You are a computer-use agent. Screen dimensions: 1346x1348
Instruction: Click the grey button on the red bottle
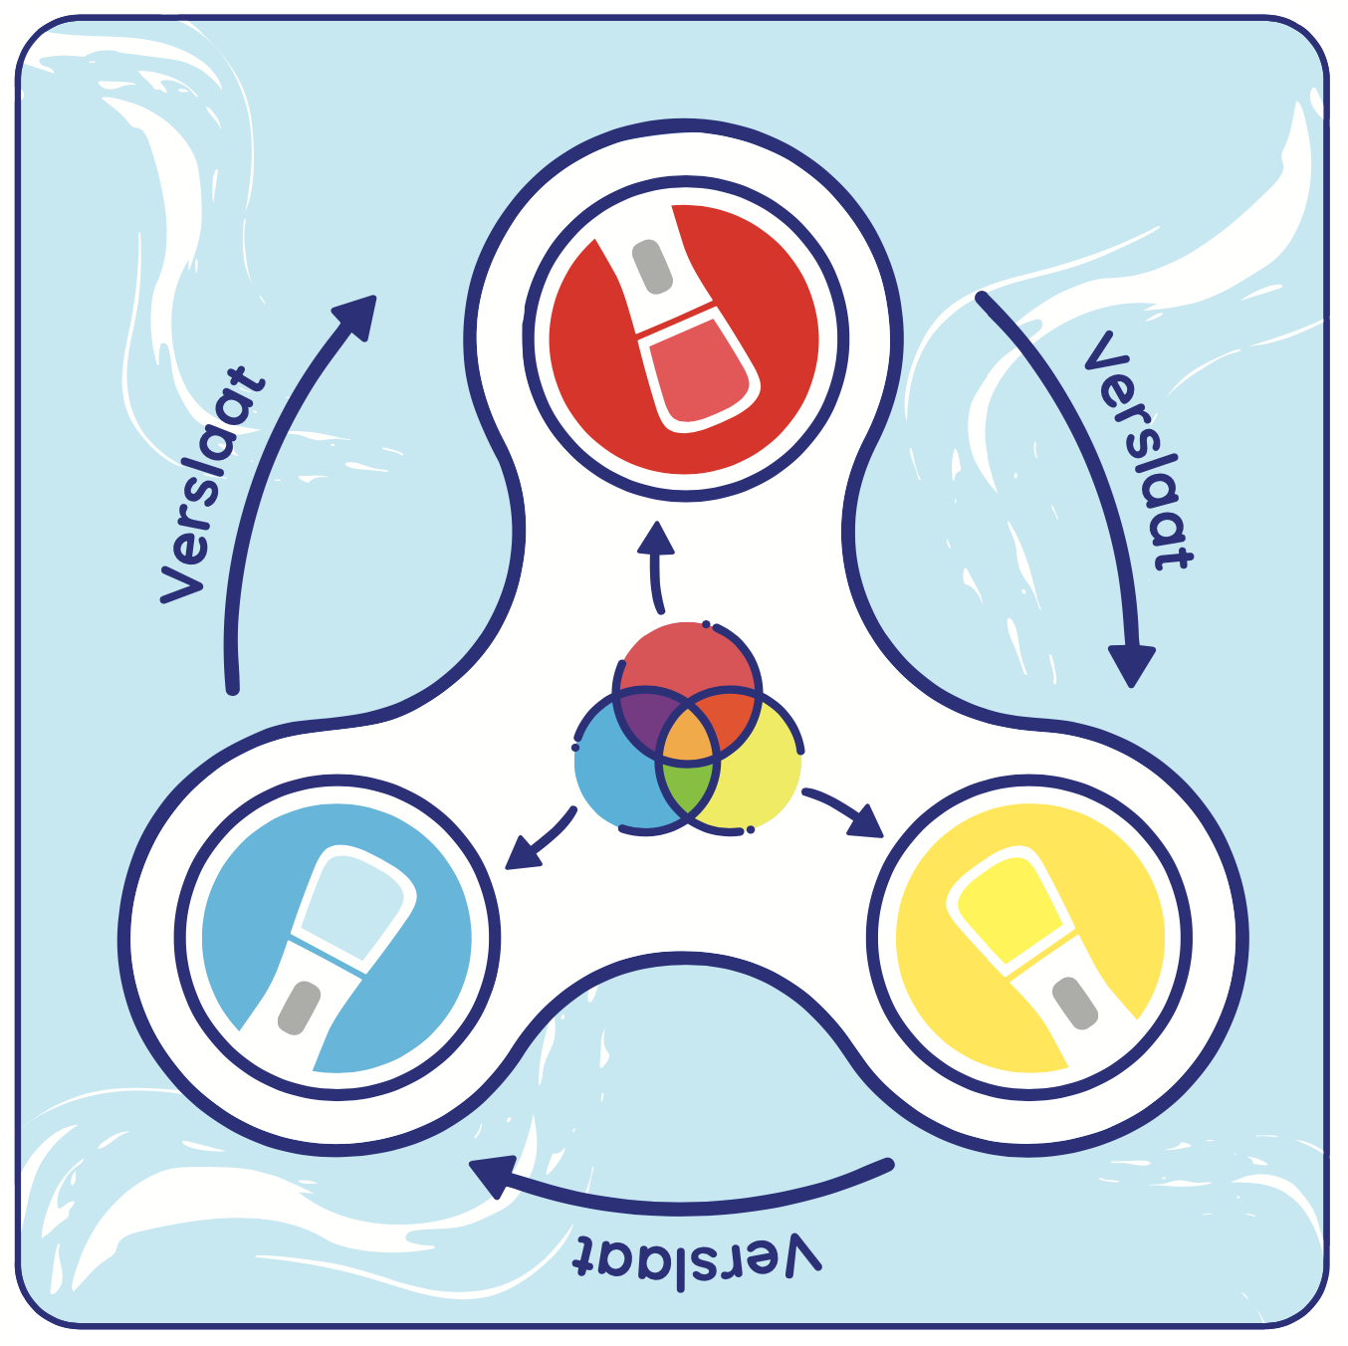652,267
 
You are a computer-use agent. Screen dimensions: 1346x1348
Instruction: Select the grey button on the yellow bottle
1075,1003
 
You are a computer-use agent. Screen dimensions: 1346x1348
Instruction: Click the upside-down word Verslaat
697,1259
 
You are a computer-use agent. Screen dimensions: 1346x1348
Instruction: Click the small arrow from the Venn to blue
538,841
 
